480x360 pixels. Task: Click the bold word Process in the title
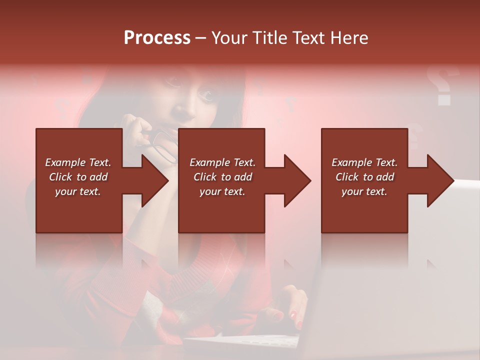click(157, 38)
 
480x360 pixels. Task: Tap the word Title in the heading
click(269, 38)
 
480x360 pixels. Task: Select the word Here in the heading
click(349, 38)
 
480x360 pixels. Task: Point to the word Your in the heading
click(229, 38)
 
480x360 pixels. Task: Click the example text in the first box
click(78, 177)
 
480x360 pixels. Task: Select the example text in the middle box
click(222, 177)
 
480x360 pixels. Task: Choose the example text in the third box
click(364, 177)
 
